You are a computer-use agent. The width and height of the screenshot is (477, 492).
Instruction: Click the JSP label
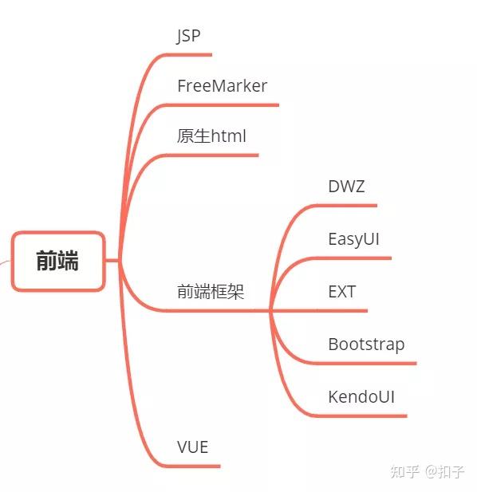[188, 36]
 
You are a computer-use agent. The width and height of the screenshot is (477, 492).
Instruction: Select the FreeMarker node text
[223, 86]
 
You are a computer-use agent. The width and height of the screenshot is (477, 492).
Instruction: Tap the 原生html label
[211, 136]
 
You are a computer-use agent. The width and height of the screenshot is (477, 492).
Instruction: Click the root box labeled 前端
[57, 261]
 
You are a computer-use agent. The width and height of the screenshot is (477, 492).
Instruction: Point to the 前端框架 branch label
[211, 291]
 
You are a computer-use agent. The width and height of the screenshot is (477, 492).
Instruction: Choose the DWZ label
[346, 187]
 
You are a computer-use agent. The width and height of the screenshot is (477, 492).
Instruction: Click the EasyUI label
[353, 239]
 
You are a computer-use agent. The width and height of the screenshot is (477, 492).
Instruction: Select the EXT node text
[342, 292]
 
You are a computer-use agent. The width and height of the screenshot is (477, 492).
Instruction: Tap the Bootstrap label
[366, 344]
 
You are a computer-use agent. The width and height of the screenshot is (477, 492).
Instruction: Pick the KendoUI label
[361, 396]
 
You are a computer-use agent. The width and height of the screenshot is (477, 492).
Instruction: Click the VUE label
[192, 447]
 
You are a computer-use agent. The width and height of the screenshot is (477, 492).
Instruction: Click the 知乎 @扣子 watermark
[427, 471]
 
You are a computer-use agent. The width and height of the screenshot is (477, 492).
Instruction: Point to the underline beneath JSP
[189, 55]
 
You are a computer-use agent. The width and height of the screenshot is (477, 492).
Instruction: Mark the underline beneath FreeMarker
[223, 105]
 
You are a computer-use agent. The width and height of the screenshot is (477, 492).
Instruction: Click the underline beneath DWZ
[345, 206]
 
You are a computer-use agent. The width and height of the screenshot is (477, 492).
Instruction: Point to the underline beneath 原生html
[212, 155]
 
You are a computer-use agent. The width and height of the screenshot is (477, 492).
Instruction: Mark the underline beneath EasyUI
[353, 258]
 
